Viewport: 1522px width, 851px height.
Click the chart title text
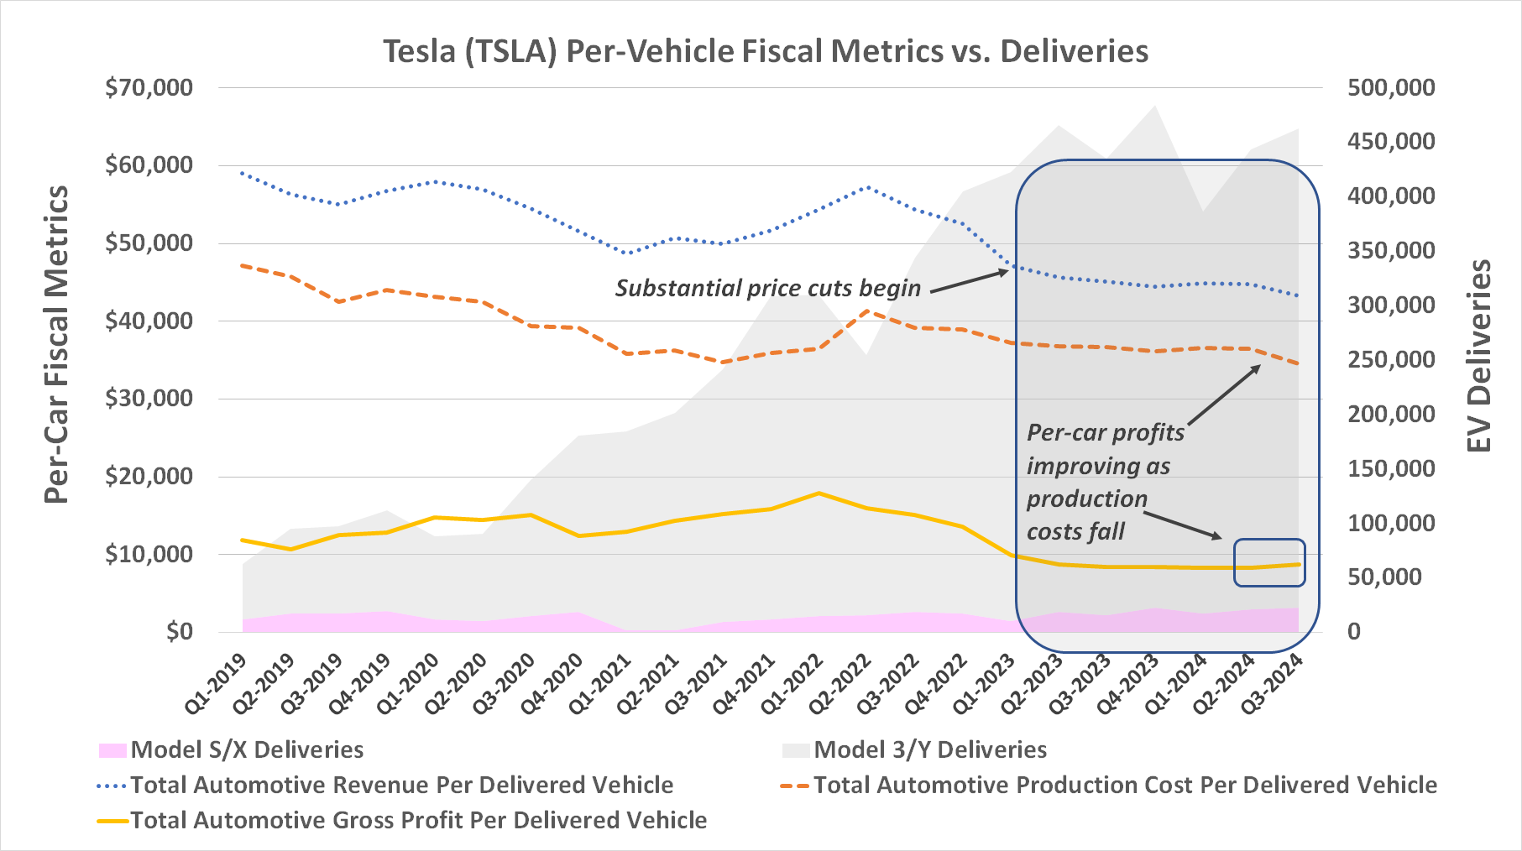pyautogui.click(x=766, y=51)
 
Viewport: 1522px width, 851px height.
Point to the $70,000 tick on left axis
pyautogui.click(x=149, y=87)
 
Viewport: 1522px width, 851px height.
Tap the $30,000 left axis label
pyautogui.click(x=149, y=399)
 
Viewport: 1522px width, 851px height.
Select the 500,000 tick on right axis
pyautogui.click(x=1391, y=87)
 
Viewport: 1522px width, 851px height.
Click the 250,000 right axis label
pyautogui.click(x=1391, y=359)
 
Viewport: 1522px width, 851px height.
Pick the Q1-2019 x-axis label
pyautogui.click(x=217, y=684)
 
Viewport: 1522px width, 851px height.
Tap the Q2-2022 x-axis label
pyautogui.click(x=841, y=684)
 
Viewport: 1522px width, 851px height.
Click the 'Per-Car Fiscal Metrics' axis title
pyautogui.click(x=56, y=344)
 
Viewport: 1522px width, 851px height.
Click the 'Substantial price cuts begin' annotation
pyautogui.click(x=767, y=288)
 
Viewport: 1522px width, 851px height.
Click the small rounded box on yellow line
pyautogui.click(x=1269, y=562)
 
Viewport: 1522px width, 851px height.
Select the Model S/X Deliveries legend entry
pyautogui.click(x=232, y=749)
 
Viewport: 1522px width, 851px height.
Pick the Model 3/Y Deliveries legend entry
pyautogui.click(x=915, y=749)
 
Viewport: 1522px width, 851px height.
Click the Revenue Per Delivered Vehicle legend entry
pyautogui.click(x=386, y=785)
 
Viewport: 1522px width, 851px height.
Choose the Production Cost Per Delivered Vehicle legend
pyautogui.click(x=1109, y=785)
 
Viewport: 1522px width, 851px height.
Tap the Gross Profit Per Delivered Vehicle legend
pyautogui.click(x=403, y=820)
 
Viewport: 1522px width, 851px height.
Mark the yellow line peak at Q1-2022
pyautogui.click(x=819, y=493)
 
